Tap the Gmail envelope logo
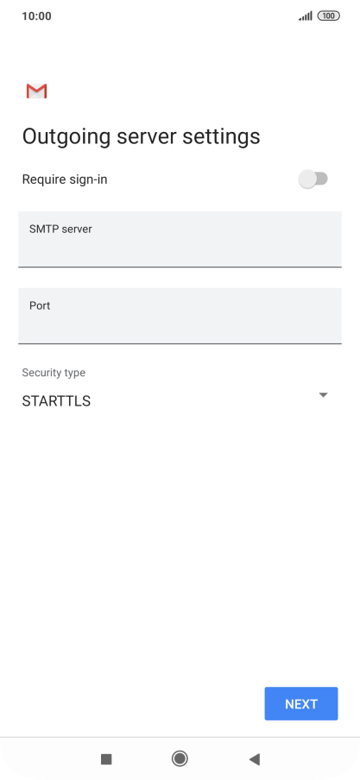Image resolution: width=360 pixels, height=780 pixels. point(36,91)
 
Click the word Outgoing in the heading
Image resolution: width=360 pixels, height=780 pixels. point(66,137)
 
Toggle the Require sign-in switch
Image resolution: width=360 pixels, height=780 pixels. point(313,179)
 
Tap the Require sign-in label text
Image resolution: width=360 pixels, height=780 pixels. point(65,179)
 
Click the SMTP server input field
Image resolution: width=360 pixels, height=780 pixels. point(180,239)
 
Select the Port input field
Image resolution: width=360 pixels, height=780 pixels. point(180,316)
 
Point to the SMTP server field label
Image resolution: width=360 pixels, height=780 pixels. point(60,229)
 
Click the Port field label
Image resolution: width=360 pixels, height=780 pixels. point(40,305)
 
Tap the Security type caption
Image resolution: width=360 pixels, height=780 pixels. point(54,373)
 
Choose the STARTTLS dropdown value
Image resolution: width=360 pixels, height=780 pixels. point(56,401)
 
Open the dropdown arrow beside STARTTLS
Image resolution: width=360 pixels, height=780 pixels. point(323,395)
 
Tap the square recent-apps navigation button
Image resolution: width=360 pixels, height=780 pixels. point(106,759)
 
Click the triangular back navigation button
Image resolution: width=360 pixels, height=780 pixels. point(255,759)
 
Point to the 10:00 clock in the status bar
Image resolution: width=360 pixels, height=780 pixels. point(36,16)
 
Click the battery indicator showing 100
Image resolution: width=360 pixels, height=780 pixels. point(329,16)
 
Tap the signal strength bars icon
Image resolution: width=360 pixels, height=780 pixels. point(306,16)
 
